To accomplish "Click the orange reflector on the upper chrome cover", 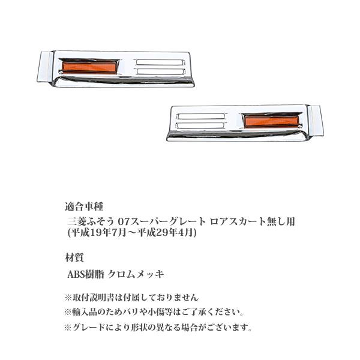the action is coord(90,67).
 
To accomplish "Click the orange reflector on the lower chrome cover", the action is coord(271,121).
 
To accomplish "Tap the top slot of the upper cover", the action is coord(160,62).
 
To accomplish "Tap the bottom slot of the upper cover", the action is coord(160,71).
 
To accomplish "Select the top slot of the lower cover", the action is coord(201,116).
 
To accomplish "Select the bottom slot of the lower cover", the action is coord(201,125).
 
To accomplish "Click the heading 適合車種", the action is coord(84,206).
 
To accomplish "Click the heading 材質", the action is coord(74,257).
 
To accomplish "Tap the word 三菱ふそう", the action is coord(91,221).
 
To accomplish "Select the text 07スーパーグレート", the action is coord(161,221).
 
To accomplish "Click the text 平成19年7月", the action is coord(98,233).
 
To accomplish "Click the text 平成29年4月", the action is coord(165,233).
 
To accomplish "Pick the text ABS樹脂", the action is coord(86,274).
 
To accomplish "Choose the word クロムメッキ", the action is coord(136,274).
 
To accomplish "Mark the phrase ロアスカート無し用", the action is coord(253,221).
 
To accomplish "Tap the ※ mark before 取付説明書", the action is coord(68,298).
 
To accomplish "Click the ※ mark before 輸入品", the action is coord(68,313).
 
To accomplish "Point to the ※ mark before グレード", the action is coord(68,328).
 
